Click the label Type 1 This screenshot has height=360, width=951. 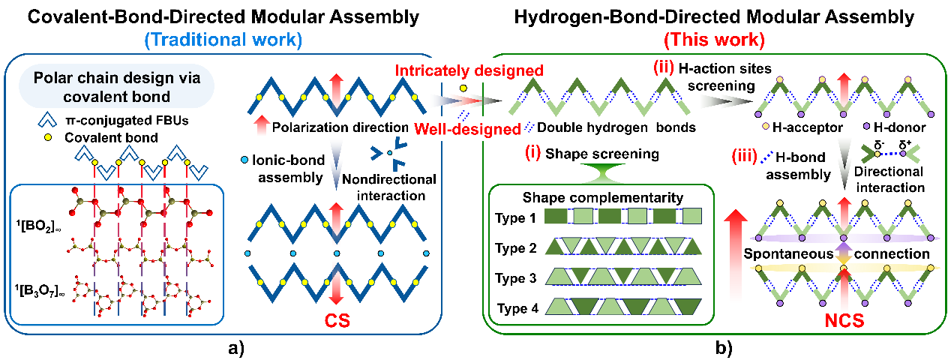pyautogui.click(x=515, y=218)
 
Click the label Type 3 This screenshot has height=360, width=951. pyautogui.click(x=515, y=277)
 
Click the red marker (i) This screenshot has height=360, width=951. pyautogui.click(x=533, y=154)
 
